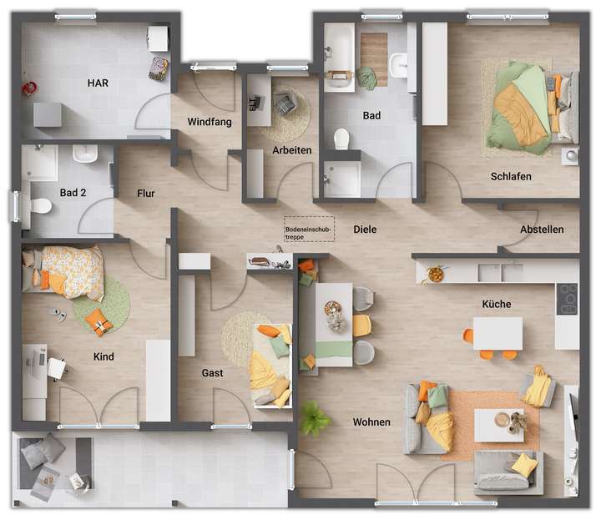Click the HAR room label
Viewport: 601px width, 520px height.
pyautogui.click(x=98, y=83)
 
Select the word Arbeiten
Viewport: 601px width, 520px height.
pyautogui.click(x=292, y=150)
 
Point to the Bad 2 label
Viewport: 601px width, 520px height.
pyautogui.click(x=73, y=193)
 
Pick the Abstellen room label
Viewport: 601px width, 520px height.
pyautogui.click(x=542, y=230)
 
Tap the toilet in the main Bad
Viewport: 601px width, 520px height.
pyautogui.click(x=341, y=139)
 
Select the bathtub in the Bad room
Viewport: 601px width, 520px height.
pyautogui.click(x=339, y=55)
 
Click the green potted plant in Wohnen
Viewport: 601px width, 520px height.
pyautogui.click(x=315, y=417)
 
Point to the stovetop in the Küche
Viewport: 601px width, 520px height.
pyautogui.click(x=568, y=298)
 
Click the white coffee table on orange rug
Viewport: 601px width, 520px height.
pyautogui.click(x=499, y=424)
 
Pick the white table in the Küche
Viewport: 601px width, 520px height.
pyautogui.click(x=497, y=332)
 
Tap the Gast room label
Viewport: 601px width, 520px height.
pyautogui.click(x=212, y=373)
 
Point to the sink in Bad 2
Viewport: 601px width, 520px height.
pyautogui.click(x=85, y=155)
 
